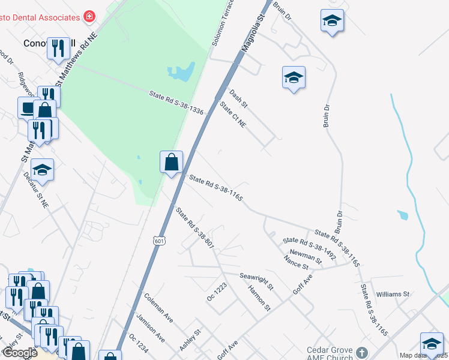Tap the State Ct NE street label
(233, 115)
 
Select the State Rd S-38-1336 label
(176, 103)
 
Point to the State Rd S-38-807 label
(194, 227)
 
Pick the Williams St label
(392, 295)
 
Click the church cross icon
(361, 352)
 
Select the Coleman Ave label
(158, 307)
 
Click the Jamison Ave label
(151, 327)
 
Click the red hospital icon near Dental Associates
(89, 16)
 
